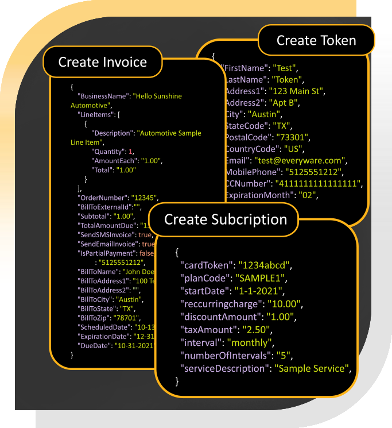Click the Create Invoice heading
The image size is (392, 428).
[x=103, y=62]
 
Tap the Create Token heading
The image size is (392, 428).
[x=316, y=40]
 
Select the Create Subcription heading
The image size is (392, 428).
[x=226, y=219]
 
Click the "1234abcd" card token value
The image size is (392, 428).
[x=266, y=265]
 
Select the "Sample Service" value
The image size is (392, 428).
[x=312, y=368]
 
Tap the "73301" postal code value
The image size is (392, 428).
[x=293, y=137]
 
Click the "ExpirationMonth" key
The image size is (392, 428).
[x=258, y=195]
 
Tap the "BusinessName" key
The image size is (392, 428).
[x=103, y=97]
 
